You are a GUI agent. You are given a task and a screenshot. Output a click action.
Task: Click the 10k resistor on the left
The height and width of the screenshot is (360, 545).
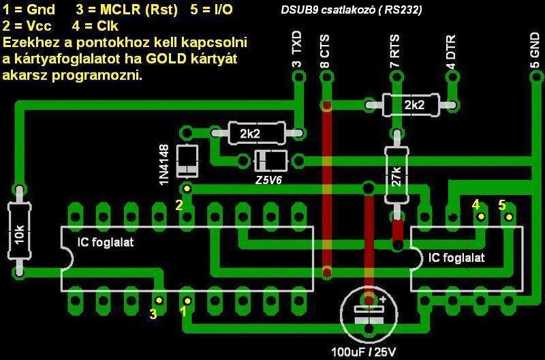[18, 232]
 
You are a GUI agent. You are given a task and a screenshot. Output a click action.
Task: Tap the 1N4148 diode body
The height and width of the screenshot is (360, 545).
[186, 161]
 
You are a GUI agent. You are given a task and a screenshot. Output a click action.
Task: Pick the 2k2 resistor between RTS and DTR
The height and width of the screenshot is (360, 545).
[413, 105]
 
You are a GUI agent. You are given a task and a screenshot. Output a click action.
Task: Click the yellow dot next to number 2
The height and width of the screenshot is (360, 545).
[186, 187]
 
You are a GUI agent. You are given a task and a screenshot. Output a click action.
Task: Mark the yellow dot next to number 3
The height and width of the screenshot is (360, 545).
[159, 299]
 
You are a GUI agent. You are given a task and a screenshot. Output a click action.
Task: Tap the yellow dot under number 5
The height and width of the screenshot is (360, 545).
[508, 217]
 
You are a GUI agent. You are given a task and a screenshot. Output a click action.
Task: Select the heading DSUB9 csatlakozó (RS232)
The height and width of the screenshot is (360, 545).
[351, 10]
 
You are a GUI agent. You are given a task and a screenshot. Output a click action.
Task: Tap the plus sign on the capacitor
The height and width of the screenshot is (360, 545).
[383, 299]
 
